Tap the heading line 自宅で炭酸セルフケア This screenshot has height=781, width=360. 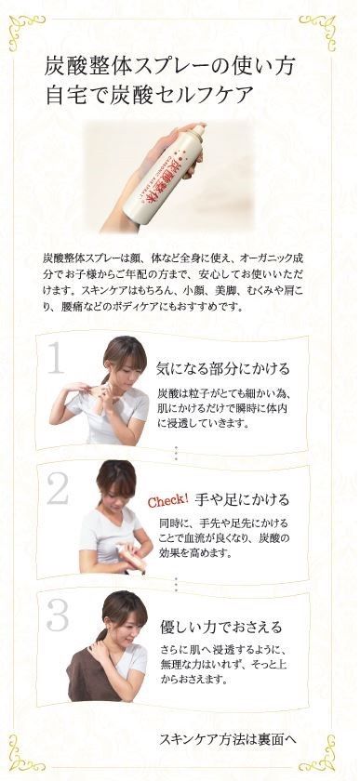[149, 96]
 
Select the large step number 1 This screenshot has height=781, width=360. [58, 358]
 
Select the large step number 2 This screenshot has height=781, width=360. [58, 489]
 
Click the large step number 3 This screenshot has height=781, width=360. [58, 615]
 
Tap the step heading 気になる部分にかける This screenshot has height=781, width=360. [223, 367]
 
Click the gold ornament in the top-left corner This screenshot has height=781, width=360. [25, 30]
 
